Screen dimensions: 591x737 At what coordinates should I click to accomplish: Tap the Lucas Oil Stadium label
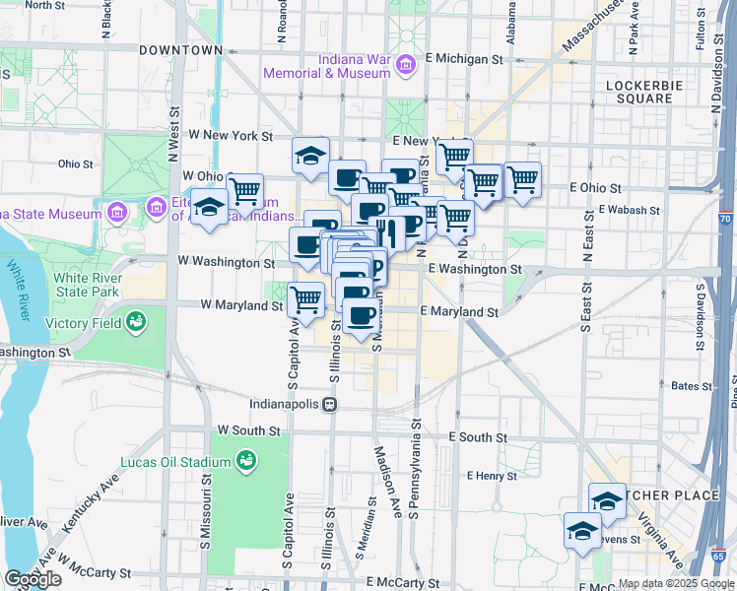[x=175, y=462]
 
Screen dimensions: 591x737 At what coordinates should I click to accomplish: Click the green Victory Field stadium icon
[x=135, y=321]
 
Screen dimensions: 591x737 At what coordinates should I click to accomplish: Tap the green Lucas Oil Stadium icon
[x=246, y=461]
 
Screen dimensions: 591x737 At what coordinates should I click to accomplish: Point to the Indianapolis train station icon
[x=331, y=404]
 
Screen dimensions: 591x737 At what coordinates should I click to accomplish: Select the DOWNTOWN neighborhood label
[x=181, y=49]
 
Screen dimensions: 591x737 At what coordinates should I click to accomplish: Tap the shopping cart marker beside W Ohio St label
[x=244, y=189]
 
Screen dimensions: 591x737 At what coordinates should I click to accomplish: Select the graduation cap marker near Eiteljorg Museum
[x=208, y=207]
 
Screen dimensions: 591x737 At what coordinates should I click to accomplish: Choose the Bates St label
[x=691, y=387]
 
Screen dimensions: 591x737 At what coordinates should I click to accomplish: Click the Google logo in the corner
[x=33, y=579]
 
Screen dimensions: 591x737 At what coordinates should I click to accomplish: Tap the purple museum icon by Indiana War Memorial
[x=405, y=66]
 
